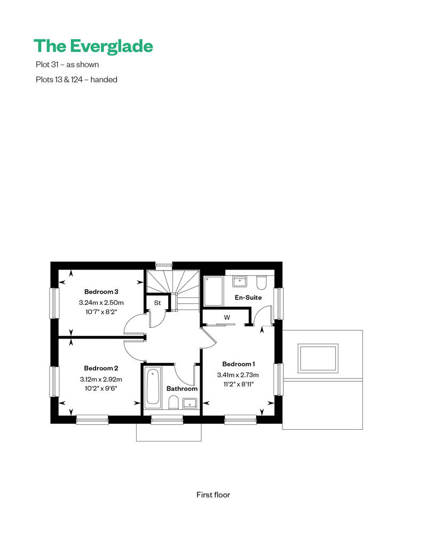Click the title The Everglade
click(x=93, y=46)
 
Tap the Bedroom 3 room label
click(x=101, y=291)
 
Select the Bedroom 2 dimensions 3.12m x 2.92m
click(x=101, y=380)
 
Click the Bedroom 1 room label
click(x=239, y=364)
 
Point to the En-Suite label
click(x=248, y=297)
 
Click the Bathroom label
click(x=182, y=389)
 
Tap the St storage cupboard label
click(x=157, y=303)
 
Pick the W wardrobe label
click(x=227, y=318)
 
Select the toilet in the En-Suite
click(x=262, y=282)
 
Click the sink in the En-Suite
click(x=240, y=282)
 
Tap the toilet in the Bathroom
click(x=173, y=402)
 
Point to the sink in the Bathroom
click(x=190, y=403)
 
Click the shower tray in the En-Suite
click(x=213, y=291)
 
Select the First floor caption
click(x=213, y=495)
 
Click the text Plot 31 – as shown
click(x=67, y=65)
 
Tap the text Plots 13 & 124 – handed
click(x=76, y=80)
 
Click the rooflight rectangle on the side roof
click(x=318, y=358)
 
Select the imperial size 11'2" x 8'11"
click(x=239, y=384)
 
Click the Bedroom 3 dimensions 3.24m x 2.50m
click(x=101, y=303)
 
